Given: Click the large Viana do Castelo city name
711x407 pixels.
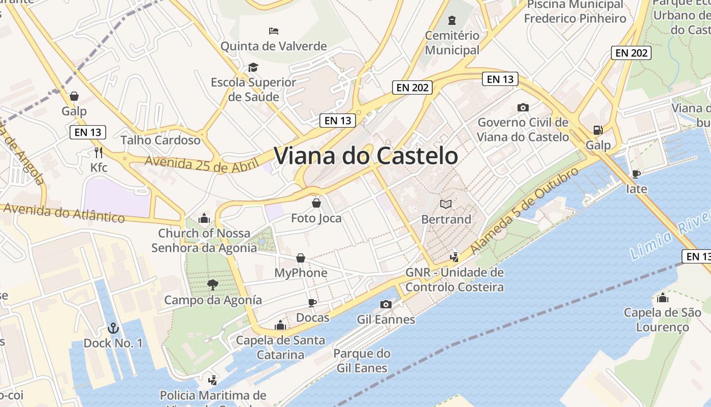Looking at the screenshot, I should point(366,156).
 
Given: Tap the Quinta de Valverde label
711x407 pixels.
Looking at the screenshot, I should point(273,46).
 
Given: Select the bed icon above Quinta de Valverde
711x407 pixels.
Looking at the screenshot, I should point(274,31).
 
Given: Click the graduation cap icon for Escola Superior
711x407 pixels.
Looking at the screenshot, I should point(252,67).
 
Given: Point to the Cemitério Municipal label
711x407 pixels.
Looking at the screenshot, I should point(452,43).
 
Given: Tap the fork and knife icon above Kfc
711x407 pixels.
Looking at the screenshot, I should point(99,152).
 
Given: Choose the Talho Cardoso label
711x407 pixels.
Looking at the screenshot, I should point(160,140).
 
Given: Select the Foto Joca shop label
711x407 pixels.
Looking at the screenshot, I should point(316,218).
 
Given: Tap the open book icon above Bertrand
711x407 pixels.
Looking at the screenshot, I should point(446,204).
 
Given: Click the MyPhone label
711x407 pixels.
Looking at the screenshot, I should point(301,273).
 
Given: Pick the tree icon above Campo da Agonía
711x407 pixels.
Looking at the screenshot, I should point(213,285).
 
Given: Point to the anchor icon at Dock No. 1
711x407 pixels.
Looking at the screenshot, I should point(113,328).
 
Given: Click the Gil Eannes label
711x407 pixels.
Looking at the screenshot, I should point(386,319).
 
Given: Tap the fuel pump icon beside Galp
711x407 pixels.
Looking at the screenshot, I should point(598,130).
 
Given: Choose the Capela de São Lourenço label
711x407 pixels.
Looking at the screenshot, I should point(662,319).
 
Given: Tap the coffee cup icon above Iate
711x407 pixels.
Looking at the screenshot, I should point(636,174).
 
